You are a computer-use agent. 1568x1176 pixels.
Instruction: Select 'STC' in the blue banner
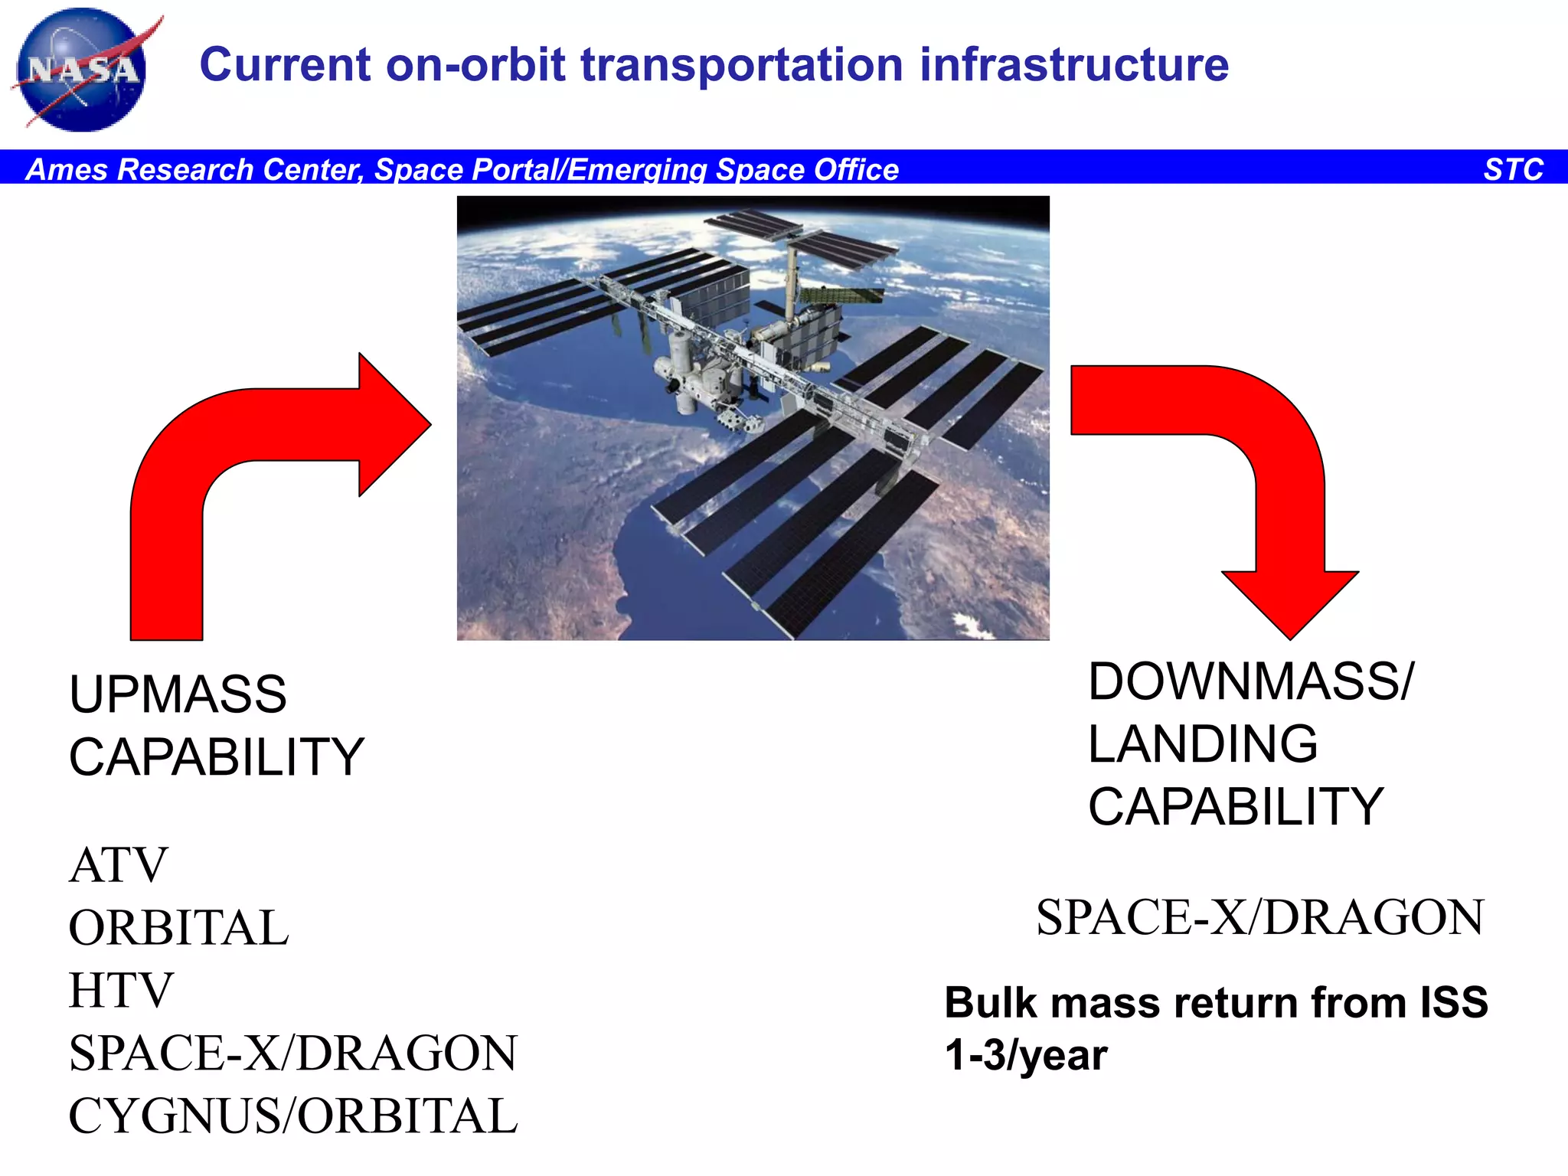click(x=1513, y=169)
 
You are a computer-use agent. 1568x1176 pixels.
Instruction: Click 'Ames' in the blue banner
click(x=66, y=169)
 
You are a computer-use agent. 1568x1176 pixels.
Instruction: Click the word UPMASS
click(x=178, y=694)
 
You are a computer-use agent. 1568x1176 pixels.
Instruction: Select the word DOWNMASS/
click(x=1251, y=681)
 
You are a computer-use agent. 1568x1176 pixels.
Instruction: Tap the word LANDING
click(x=1203, y=744)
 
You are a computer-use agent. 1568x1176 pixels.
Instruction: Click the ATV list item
click(x=118, y=865)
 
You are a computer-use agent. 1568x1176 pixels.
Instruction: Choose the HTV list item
click(x=121, y=991)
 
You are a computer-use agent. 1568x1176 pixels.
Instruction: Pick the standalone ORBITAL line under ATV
click(x=178, y=928)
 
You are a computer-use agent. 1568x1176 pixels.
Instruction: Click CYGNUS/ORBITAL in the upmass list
click(x=293, y=1116)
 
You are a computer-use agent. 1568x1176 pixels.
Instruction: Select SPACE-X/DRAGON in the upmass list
click(x=293, y=1053)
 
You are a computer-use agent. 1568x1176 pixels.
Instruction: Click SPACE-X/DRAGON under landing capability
click(x=1259, y=918)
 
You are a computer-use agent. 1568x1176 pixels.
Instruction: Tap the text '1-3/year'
click(x=1026, y=1055)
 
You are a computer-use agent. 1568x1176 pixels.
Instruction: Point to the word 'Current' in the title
click(x=286, y=64)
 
